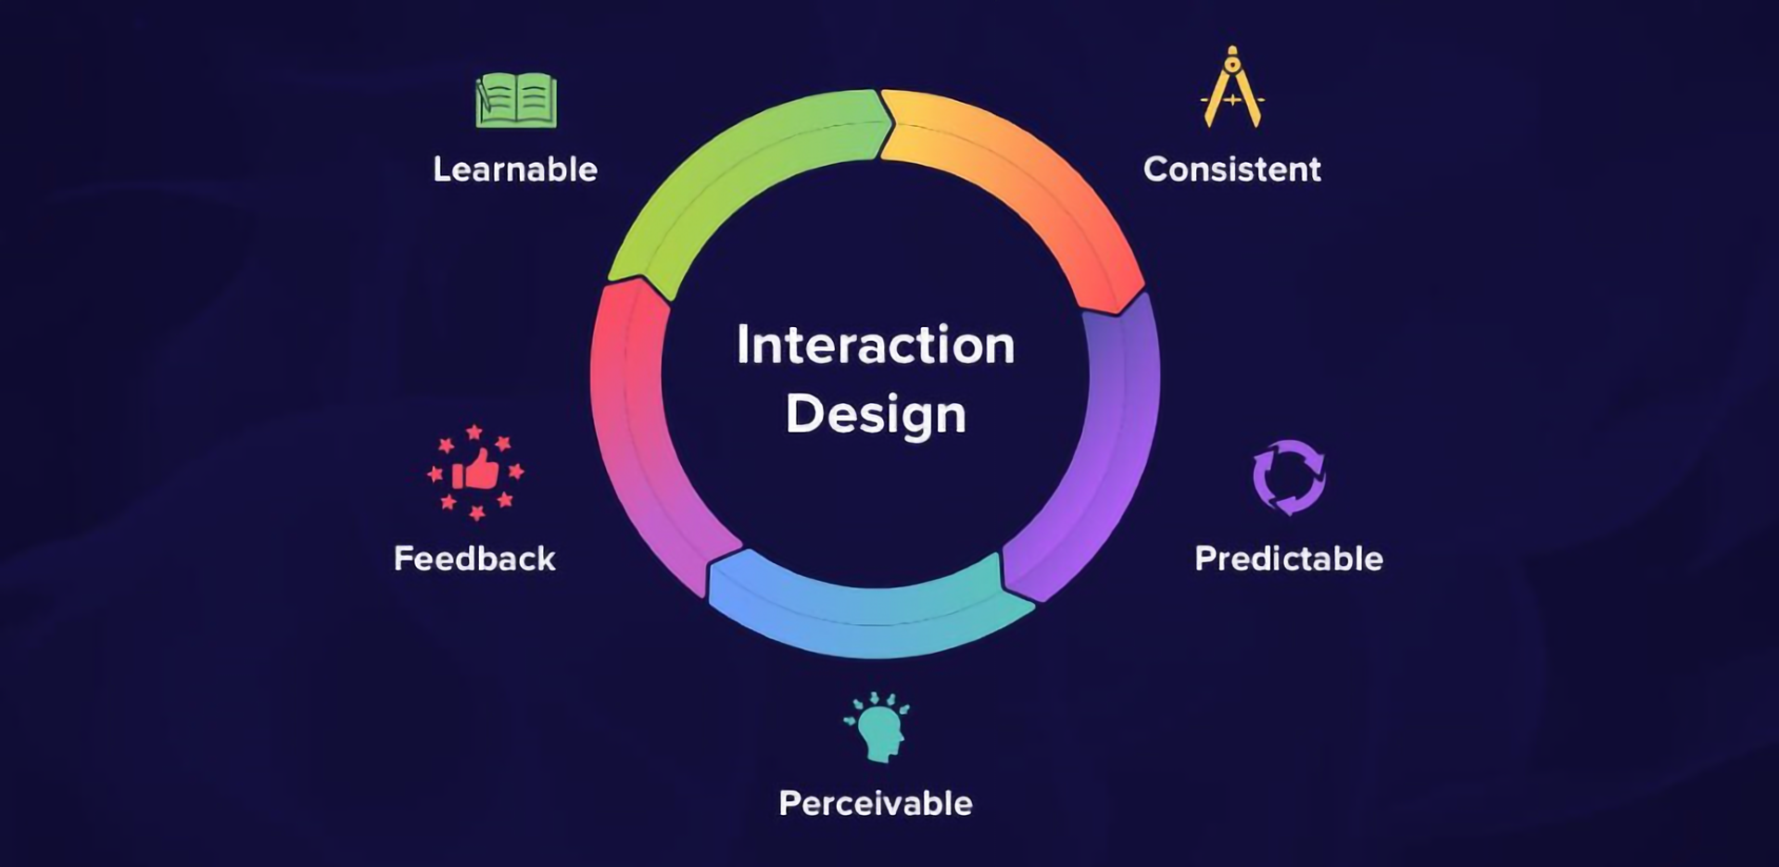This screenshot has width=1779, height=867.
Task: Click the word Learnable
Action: (x=515, y=170)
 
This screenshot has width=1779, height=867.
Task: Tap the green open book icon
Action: (x=516, y=100)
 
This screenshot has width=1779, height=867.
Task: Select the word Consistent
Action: (x=1231, y=170)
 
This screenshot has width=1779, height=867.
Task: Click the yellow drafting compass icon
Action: (x=1231, y=88)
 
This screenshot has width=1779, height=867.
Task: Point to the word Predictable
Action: (x=1288, y=559)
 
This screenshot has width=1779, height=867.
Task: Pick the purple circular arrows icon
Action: (x=1289, y=477)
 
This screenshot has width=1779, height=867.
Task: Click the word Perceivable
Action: (x=876, y=803)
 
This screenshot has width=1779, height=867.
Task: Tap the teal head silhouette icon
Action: (x=877, y=729)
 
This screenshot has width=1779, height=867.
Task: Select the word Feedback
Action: (x=474, y=559)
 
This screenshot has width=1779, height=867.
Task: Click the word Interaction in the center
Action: (x=876, y=345)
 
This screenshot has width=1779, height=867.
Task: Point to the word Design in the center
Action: (x=876, y=414)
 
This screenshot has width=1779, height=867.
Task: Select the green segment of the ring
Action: (x=732, y=176)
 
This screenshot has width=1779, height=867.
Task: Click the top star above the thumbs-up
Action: (x=474, y=432)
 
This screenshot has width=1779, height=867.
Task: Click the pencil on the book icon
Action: (x=483, y=96)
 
